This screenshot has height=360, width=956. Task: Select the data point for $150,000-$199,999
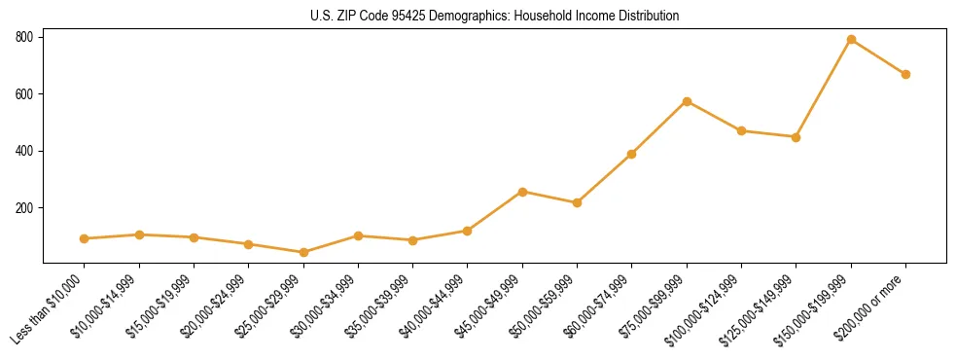(851, 40)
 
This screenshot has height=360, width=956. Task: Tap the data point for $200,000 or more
(905, 74)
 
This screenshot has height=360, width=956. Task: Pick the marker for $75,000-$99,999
(687, 101)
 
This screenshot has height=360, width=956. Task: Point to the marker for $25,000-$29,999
(303, 252)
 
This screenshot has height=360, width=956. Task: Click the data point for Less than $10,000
(85, 238)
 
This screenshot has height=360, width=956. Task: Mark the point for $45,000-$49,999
(522, 192)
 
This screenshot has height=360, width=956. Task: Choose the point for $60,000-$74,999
(632, 154)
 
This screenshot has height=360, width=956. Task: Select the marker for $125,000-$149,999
(796, 137)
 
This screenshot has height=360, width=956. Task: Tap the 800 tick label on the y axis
(24, 37)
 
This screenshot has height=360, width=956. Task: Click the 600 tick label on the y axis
(24, 94)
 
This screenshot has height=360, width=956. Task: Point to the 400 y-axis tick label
(24, 151)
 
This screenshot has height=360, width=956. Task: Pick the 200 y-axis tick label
(24, 208)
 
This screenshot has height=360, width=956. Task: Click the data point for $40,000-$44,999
(468, 231)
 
